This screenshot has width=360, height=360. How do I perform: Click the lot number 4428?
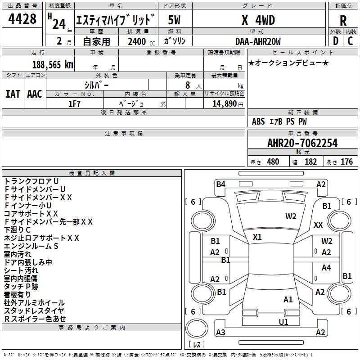click(x=22, y=20)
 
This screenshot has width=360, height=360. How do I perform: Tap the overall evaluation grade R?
click(x=343, y=21)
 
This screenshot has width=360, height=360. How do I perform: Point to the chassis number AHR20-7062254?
click(x=302, y=143)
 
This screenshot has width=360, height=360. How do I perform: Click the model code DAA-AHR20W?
click(x=258, y=41)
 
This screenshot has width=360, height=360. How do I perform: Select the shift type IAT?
click(x=13, y=94)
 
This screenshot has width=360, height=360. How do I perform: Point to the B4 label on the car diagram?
click(x=220, y=184)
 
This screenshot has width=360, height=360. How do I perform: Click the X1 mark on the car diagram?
click(x=257, y=237)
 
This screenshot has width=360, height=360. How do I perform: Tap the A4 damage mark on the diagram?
click(x=326, y=268)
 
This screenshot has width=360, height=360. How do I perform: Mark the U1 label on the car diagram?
click(x=283, y=322)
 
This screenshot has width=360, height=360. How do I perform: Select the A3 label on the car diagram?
click(x=220, y=333)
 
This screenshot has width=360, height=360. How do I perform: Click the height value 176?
click(x=346, y=162)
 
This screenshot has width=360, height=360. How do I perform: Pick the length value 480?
click(x=273, y=162)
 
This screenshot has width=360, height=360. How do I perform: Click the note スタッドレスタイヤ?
click(x=34, y=310)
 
